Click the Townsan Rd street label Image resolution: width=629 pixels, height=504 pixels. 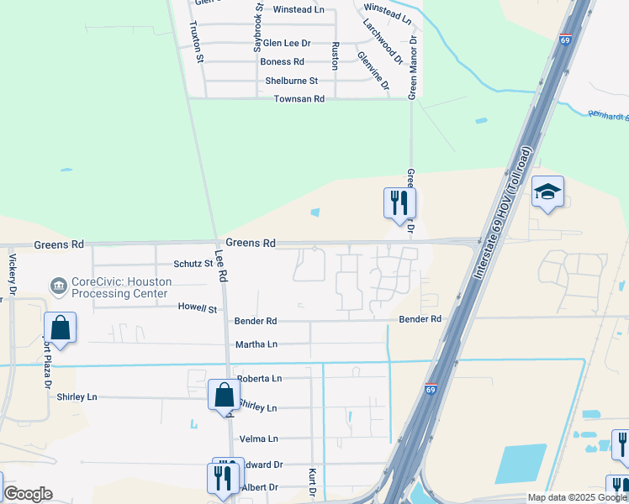point(299,99)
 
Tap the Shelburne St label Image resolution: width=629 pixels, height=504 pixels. point(291,81)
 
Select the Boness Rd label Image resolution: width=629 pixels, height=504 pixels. point(282,62)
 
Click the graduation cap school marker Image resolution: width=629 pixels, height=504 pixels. point(547,193)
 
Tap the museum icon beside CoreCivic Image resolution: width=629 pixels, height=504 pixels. point(59,287)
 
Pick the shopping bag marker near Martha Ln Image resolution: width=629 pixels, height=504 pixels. point(61,328)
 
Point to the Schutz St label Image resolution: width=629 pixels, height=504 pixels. point(193,264)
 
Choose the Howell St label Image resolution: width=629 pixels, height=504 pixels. point(197,309)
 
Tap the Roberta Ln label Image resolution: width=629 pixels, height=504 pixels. point(259,379)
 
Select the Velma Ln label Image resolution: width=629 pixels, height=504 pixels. point(259,438)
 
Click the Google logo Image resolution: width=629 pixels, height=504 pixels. point(28,494)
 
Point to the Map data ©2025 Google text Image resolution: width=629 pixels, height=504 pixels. point(577,497)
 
